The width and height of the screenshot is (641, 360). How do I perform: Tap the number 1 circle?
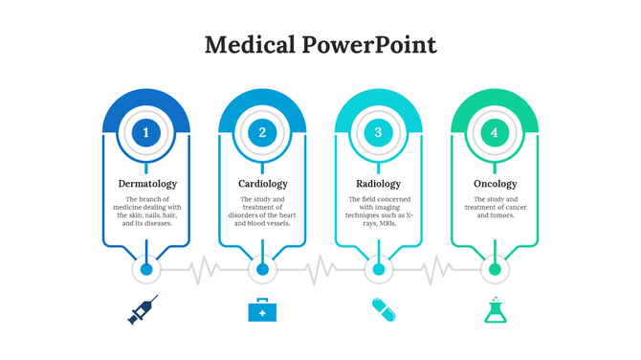pyautogui.click(x=146, y=133)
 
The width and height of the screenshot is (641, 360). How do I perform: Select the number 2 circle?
pyautogui.click(x=262, y=133)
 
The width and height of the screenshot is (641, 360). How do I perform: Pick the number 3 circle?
pyautogui.click(x=378, y=133)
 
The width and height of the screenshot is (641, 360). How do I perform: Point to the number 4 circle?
pyautogui.click(x=495, y=133)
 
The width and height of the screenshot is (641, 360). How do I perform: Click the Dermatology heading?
pyautogui.click(x=146, y=183)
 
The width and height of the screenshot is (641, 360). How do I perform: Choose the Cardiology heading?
pyautogui.click(x=262, y=183)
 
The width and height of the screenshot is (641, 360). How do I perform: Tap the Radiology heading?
pyautogui.click(x=378, y=183)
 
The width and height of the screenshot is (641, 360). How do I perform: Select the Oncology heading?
pyautogui.click(x=495, y=183)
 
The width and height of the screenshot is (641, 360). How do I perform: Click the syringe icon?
pyautogui.click(x=144, y=309)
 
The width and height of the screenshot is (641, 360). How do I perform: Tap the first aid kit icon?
pyautogui.click(x=261, y=310)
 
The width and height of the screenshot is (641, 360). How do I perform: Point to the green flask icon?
pyautogui.click(x=495, y=309)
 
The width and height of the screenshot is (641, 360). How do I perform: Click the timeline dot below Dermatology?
pyautogui.click(x=146, y=270)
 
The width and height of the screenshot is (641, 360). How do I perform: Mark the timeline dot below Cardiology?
pyautogui.click(x=262, y=270)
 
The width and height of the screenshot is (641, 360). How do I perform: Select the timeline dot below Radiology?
pyautogui.click(x=379, y=270)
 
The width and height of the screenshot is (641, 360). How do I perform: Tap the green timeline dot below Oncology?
pyautogui.click(x=495, y=270)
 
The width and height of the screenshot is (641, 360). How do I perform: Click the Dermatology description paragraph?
pyautogui.click(x=146, y=211)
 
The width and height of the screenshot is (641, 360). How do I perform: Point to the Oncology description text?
pyautogui.click(x=495, y=207)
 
